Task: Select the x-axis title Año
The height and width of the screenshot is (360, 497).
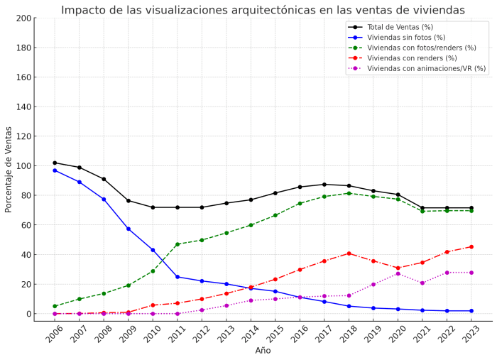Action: coord(263,351)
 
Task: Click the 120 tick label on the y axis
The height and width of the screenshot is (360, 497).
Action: coord(23,136)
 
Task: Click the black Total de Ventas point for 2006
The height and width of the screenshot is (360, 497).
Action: coord(55,163)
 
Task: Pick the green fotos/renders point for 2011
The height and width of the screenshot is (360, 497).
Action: coord(177,244)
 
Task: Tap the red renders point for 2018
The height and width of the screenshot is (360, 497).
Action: coord(349,253)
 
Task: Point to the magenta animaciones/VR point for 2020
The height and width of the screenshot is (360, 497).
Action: coord(398,273)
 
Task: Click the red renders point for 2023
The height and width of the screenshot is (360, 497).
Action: coord(471,246)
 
